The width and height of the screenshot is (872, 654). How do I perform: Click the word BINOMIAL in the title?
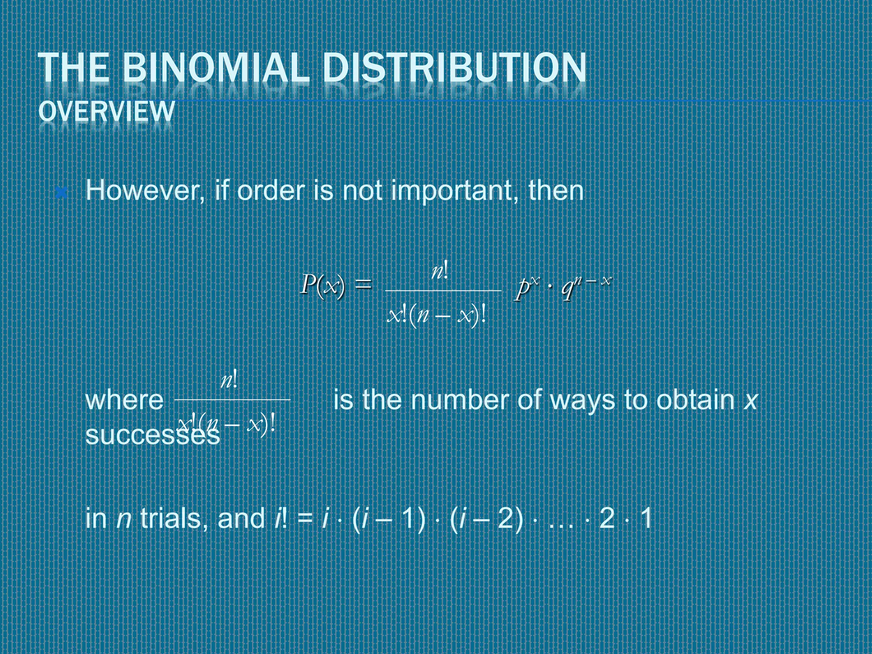coord(215,67)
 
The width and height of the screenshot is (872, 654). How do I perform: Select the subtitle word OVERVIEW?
coord(106,112)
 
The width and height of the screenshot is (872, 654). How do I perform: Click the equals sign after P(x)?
coord(363,284)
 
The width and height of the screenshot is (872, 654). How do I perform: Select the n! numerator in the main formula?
coord(439,271)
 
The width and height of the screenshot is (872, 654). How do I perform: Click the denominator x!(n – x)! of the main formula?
coord(437,316)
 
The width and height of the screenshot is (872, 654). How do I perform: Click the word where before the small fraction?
coord(124,400)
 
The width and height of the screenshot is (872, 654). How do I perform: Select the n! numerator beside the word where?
coord(229,380)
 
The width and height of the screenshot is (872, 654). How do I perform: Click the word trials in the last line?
coord(170,519)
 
